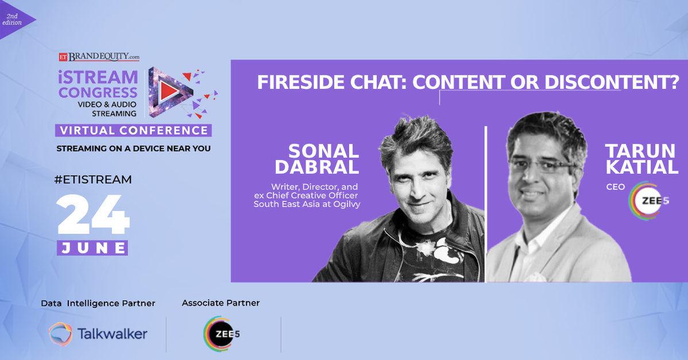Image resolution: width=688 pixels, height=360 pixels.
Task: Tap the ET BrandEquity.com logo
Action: pos(99,57)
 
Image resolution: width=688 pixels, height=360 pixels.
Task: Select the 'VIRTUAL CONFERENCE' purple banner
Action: pos(133,130)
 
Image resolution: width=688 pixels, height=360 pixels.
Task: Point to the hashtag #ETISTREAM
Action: pos(93,179)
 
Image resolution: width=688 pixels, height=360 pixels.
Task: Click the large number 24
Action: pos(93,215)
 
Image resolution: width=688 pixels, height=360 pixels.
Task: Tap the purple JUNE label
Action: pos(92,247)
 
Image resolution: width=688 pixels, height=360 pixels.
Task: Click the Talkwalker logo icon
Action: pos(60,334)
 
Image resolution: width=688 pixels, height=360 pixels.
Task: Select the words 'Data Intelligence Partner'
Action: pos(98,303)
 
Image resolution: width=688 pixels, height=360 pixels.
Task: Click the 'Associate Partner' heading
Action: pos(221,303)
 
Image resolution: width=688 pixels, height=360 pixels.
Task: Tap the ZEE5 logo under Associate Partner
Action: pos(222,334)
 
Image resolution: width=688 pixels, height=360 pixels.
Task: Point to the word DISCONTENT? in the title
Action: pos(612,83)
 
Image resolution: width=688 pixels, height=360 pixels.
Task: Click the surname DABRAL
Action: pos(317,167)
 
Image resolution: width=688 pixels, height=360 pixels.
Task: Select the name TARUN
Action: pos(640,151)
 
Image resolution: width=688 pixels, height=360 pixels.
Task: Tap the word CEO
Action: pos(615,187)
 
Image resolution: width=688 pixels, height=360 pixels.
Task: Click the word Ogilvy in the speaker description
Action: pos(347,204)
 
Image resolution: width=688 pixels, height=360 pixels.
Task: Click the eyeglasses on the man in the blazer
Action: pos(543,166)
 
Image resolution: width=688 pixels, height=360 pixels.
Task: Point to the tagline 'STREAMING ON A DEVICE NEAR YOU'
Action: pos(133,149)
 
